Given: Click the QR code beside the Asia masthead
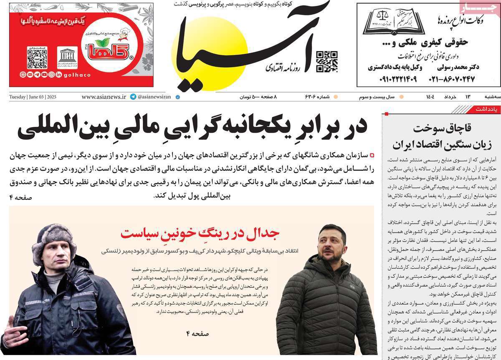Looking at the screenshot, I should tap(326, 61).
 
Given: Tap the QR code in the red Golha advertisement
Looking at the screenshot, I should tap(37, 57).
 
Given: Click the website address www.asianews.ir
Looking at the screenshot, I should tap(104, 97).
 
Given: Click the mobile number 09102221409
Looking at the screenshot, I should tap(392, 78).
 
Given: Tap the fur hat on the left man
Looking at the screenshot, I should tap(54, 239).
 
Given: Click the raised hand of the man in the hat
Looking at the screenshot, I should tap(9, 333).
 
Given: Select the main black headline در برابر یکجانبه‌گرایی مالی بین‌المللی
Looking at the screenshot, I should tap(192, 126).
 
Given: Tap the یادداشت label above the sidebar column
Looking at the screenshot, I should tap(486, 109).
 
